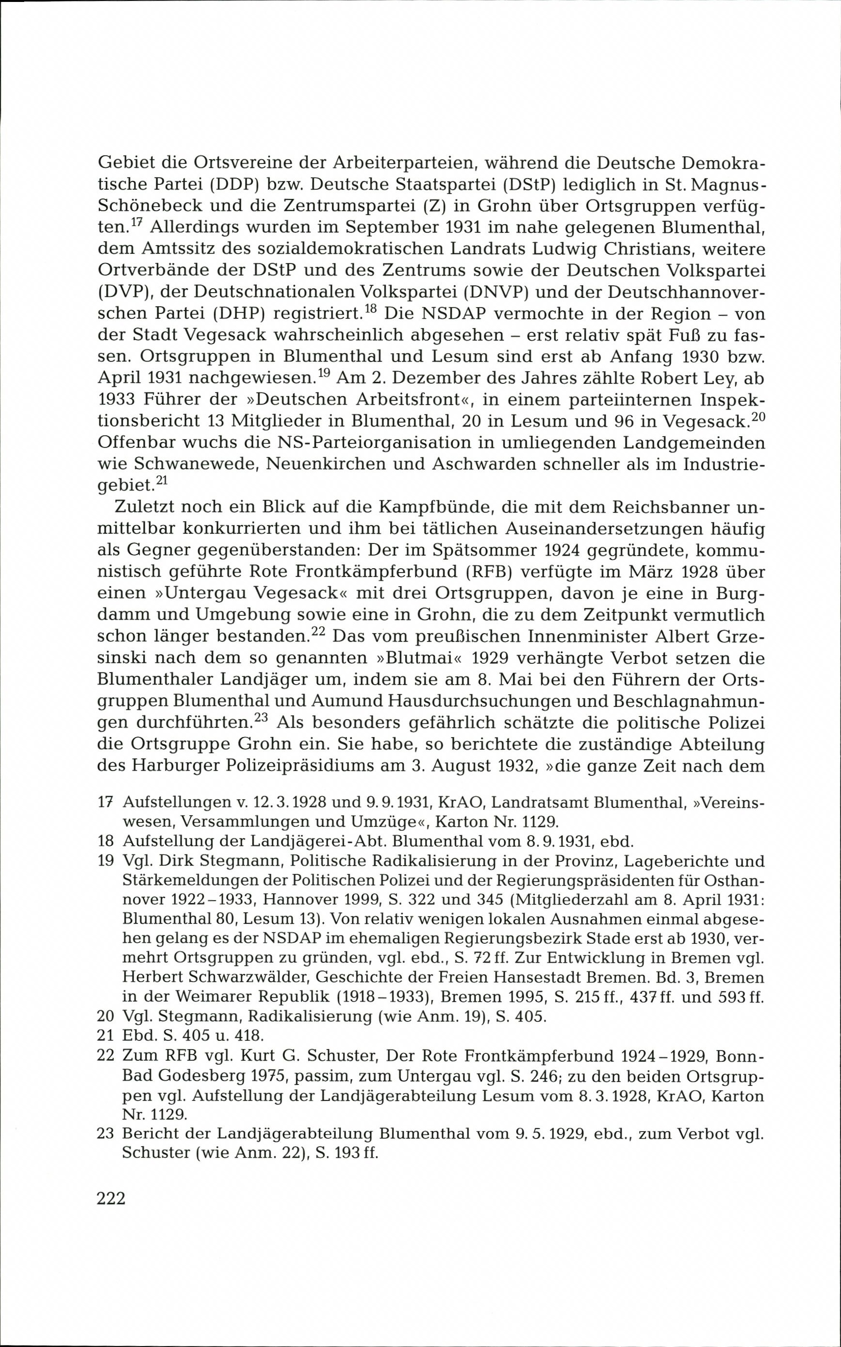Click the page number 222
(x=111, y=1198)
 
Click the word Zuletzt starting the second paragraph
(x=145, y=507)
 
